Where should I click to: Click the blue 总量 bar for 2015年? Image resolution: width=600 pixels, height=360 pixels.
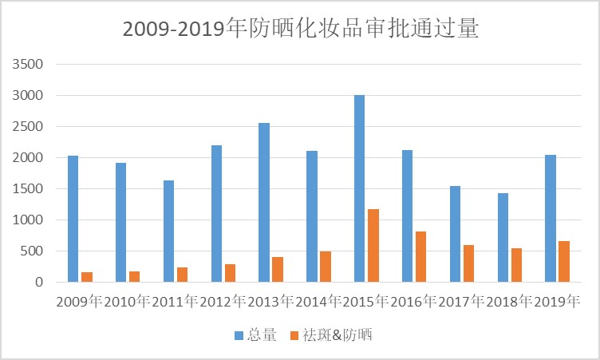[x=359, y=188]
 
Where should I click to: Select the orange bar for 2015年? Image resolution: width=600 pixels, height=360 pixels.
[x=373, y=245]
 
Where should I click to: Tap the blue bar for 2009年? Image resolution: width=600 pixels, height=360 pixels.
[x=73, y=219]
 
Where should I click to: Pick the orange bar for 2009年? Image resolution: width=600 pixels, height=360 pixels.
[x=87, y=276]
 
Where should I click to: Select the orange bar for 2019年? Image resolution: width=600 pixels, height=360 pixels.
[x=564, y=261]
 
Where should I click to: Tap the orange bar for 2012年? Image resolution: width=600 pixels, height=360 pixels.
[x=230, y=272]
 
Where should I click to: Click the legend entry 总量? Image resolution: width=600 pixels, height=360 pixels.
[x=255, y=335]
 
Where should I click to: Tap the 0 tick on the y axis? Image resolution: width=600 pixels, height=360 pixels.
[x=37, y=282]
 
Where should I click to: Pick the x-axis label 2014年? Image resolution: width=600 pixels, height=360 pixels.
[x=318, y=302]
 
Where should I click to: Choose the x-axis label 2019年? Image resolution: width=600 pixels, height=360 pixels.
[x=556, y=302]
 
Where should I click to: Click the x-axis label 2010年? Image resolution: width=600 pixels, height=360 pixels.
[x=127, y=302]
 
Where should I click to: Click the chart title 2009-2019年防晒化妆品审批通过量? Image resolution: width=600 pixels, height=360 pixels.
[x=300, y=29]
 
